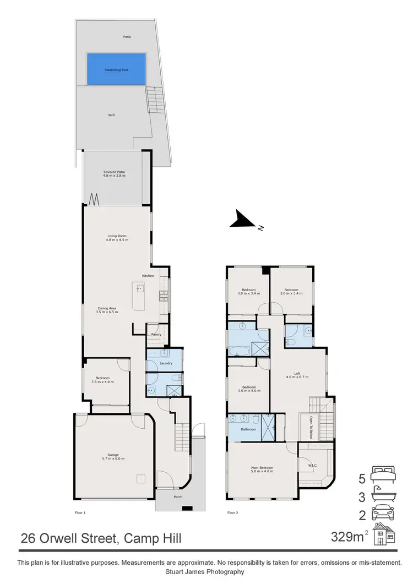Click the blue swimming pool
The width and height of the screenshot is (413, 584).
pyautogui.click(x=116, y=69)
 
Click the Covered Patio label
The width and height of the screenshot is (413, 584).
pyautogui.click(x=115, y=172)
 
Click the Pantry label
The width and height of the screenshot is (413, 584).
pyautogui.click(x=156, y=334)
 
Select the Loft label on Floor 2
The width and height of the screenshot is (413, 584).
pyautogui.click(x=297, y=374)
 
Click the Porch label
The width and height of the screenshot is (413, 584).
pyautogui.click(x=178, y=497)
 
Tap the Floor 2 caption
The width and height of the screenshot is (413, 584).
pyautogui.click(x=232, y=513)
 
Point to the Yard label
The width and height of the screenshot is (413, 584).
pyautogui.click(x=111, y=115)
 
